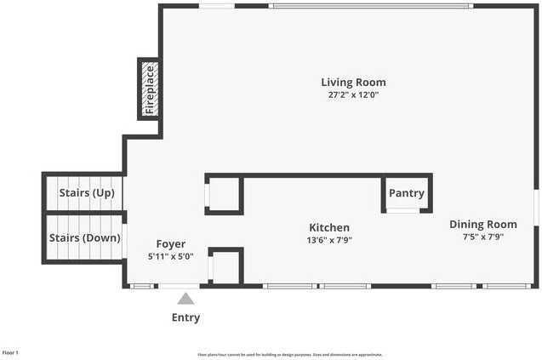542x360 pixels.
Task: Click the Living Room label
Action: point(353,83)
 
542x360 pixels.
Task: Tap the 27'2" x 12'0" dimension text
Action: point(353,95)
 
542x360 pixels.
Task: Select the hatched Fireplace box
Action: point(150,89)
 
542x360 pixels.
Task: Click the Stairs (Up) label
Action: point(87,193)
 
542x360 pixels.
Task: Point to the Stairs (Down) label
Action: point(84,238)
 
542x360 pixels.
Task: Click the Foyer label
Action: point(170,244)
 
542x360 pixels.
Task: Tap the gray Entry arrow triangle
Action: point(185,298)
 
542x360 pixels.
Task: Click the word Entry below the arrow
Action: point(185,317)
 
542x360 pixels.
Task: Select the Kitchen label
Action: point(328,228)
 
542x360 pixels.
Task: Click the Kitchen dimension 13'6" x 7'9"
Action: point(328,240)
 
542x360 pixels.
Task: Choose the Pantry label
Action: point(406,193)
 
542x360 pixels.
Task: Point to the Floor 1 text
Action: point(10,352)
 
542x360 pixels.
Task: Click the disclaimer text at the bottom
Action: point(289,355)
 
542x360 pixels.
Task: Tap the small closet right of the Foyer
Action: point(225,266)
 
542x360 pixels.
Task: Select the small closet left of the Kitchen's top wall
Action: point(225,195)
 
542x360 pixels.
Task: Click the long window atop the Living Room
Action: point(370,6)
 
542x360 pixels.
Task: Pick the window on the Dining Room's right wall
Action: point(536,209)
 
